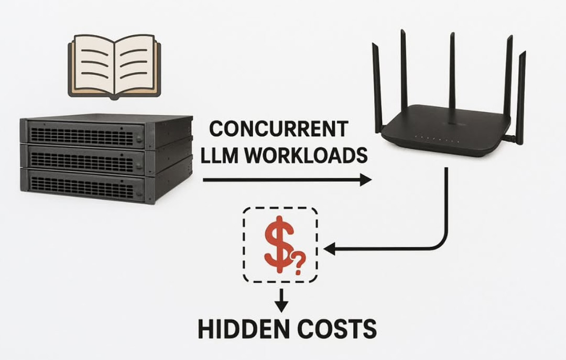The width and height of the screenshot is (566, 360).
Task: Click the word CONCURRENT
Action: pyautogui.click(x=279, y=129)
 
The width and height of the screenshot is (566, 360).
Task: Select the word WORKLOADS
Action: pyautogui.click(x=307, y=155)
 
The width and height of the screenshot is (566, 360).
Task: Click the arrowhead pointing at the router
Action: pyautogui.click(x=366, y=181)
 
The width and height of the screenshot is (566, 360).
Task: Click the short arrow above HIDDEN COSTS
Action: pyautogui.click(x=281, y=299)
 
